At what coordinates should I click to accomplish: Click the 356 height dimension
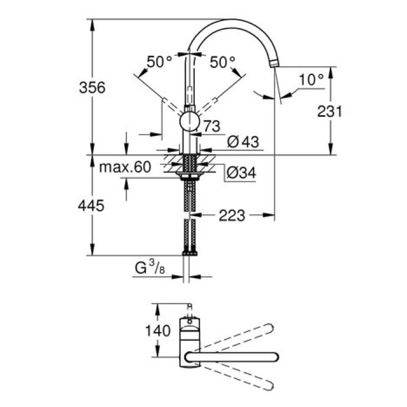tap(92, 88)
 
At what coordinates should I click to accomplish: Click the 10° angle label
tap(312, 80)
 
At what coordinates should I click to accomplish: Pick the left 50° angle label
tap(159, 62)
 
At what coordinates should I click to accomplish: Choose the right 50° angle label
tap(223, 62)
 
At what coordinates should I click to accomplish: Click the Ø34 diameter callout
tap(239, 173)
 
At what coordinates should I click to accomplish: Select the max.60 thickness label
tap(124, 167)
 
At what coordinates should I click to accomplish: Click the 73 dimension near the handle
tap(210, 125)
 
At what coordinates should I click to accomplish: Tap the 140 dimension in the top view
tap(158, 331)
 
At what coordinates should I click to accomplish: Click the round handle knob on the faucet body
tap(190, 122)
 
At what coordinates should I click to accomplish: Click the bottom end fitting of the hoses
tap(190, 252)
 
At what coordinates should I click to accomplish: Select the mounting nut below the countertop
tap(190, 174)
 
